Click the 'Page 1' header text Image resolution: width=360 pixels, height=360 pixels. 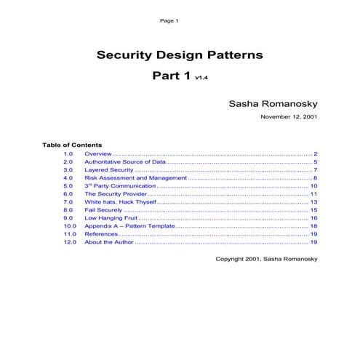[169, 20]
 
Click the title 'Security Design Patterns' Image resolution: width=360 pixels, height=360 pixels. [180, 55]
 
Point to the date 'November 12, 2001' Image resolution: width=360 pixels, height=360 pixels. [288, 116]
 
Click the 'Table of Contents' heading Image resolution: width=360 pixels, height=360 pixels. [72, 145]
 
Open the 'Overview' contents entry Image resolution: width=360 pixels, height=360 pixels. [98, 154]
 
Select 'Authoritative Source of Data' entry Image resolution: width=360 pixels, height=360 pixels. [125, 162]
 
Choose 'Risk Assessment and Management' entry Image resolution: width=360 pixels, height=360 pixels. [135, 178]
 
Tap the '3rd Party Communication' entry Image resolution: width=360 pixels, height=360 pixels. [125, 186]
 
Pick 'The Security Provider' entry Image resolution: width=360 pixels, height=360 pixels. [116, 194]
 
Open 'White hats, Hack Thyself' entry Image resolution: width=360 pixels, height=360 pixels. [120, 202]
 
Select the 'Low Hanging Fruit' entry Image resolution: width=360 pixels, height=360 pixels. [111, 218]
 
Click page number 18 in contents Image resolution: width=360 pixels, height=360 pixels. [313, 226]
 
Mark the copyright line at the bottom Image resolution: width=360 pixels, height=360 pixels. [266, 259]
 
